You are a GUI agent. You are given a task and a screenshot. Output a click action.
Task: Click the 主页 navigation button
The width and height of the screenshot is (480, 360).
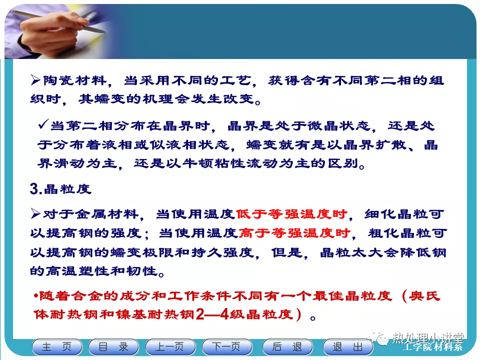57,347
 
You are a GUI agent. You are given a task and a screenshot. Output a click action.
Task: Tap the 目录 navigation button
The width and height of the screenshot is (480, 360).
113,347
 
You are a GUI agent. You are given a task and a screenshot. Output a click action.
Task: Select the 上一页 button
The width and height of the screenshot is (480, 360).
170,347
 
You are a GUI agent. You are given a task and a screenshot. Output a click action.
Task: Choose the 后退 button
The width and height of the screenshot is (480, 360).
287,347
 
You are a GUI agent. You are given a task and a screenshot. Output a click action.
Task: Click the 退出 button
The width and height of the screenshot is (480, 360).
348,347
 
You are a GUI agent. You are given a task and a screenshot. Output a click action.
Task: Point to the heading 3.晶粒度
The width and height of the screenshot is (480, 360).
60,189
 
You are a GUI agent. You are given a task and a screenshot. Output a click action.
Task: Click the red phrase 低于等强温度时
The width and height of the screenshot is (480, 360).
291,214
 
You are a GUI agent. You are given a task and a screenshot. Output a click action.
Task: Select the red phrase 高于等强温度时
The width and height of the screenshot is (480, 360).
294,233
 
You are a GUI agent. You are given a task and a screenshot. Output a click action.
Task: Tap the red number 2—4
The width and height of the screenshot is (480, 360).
212,314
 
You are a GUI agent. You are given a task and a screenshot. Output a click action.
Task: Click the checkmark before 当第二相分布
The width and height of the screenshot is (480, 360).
43,124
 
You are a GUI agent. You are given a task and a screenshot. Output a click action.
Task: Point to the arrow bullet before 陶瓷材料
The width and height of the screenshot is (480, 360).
35,80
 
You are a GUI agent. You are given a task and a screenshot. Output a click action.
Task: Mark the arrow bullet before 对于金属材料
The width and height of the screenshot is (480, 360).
35,213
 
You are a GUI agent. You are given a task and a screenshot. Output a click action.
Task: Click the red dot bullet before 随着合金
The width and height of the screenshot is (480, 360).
36,296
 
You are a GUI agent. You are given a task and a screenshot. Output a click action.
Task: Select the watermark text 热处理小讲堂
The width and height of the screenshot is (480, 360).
428,338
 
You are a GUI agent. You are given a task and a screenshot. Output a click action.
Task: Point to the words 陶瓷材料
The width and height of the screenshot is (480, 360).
74,80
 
